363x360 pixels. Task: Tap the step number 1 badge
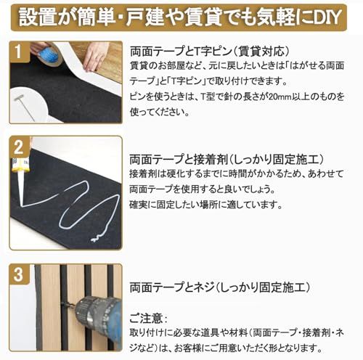19,52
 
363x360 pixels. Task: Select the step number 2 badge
19,147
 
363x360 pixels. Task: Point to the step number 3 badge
18,274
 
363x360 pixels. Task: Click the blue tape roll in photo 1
49,56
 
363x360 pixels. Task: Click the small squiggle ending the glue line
97,237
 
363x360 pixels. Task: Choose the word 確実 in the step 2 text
139,205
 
